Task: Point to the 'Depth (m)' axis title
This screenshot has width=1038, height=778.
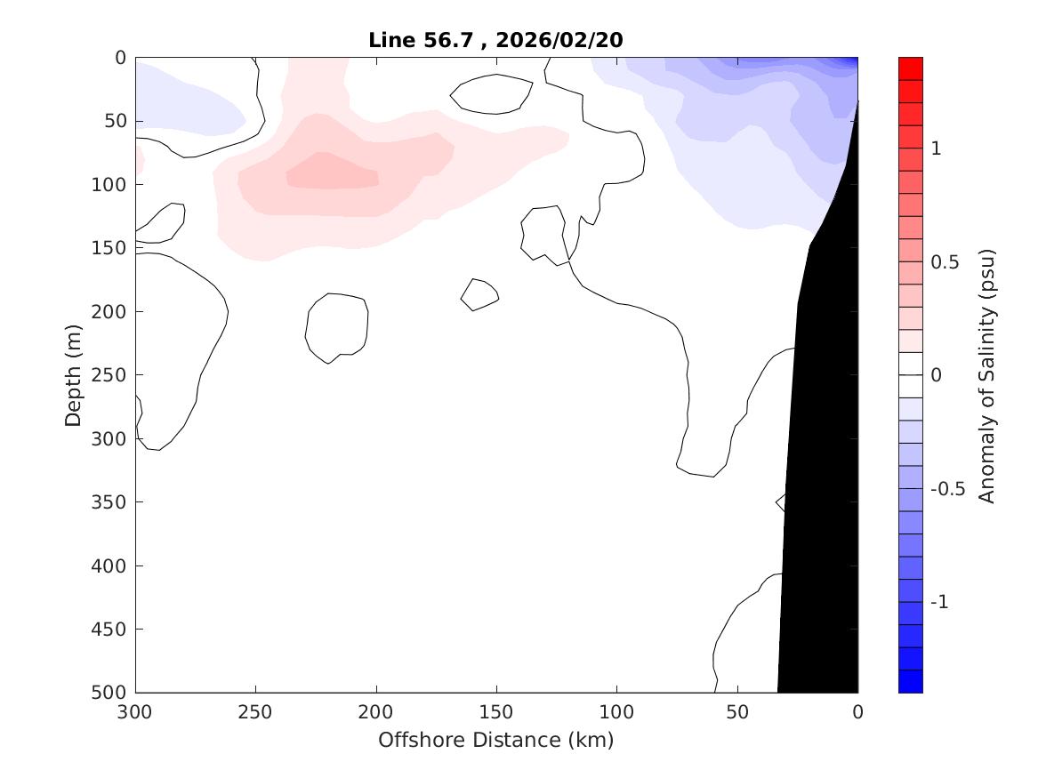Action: click(x=74, y=374)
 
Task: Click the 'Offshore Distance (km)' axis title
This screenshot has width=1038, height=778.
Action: click(x=495, y=740)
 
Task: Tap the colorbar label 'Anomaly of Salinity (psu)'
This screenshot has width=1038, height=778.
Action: click(x=986, y=375)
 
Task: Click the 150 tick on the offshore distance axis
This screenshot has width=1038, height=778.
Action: click(x=496, y=712)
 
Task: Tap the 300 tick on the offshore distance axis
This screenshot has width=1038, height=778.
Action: click(x=136, y=712)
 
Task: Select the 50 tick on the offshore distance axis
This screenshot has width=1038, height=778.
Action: click(x=736, y=712)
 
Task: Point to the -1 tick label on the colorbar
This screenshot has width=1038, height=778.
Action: click(x=939, y=602)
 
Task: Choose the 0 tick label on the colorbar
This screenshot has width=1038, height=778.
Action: click(x=935, y=375)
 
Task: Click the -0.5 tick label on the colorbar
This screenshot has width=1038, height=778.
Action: click(x=946, y=489)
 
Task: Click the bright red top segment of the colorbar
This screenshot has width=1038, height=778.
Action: click(x=911, y=68)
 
